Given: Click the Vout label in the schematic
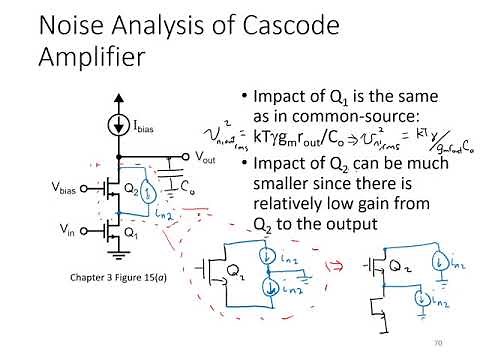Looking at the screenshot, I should (204, 158).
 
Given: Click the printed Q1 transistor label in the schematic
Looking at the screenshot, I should (131, 234).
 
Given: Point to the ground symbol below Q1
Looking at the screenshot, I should (119, 257).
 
